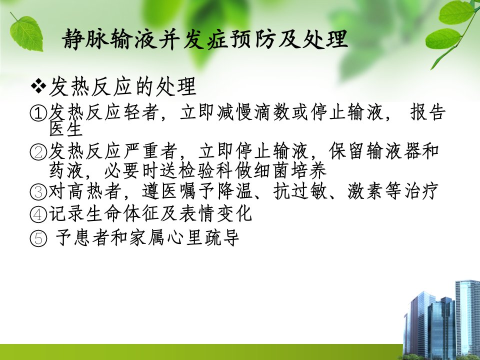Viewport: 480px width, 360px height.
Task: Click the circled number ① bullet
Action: [38, 113]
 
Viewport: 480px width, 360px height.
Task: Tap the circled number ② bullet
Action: [38, 152]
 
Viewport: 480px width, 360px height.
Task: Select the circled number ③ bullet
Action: [38, 191]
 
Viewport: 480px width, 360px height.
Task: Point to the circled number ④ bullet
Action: [38, 214]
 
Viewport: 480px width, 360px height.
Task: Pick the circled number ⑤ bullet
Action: [38, 238]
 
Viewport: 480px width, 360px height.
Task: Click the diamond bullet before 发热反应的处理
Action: [38, 86]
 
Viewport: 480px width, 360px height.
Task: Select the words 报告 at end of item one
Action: [427, 112]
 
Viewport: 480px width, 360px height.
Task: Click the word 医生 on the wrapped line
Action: [66, 128]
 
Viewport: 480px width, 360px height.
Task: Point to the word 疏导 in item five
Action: [221, 238]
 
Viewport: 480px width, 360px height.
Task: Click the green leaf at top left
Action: [26, 33]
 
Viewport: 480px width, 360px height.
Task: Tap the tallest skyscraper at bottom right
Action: [468, 318]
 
